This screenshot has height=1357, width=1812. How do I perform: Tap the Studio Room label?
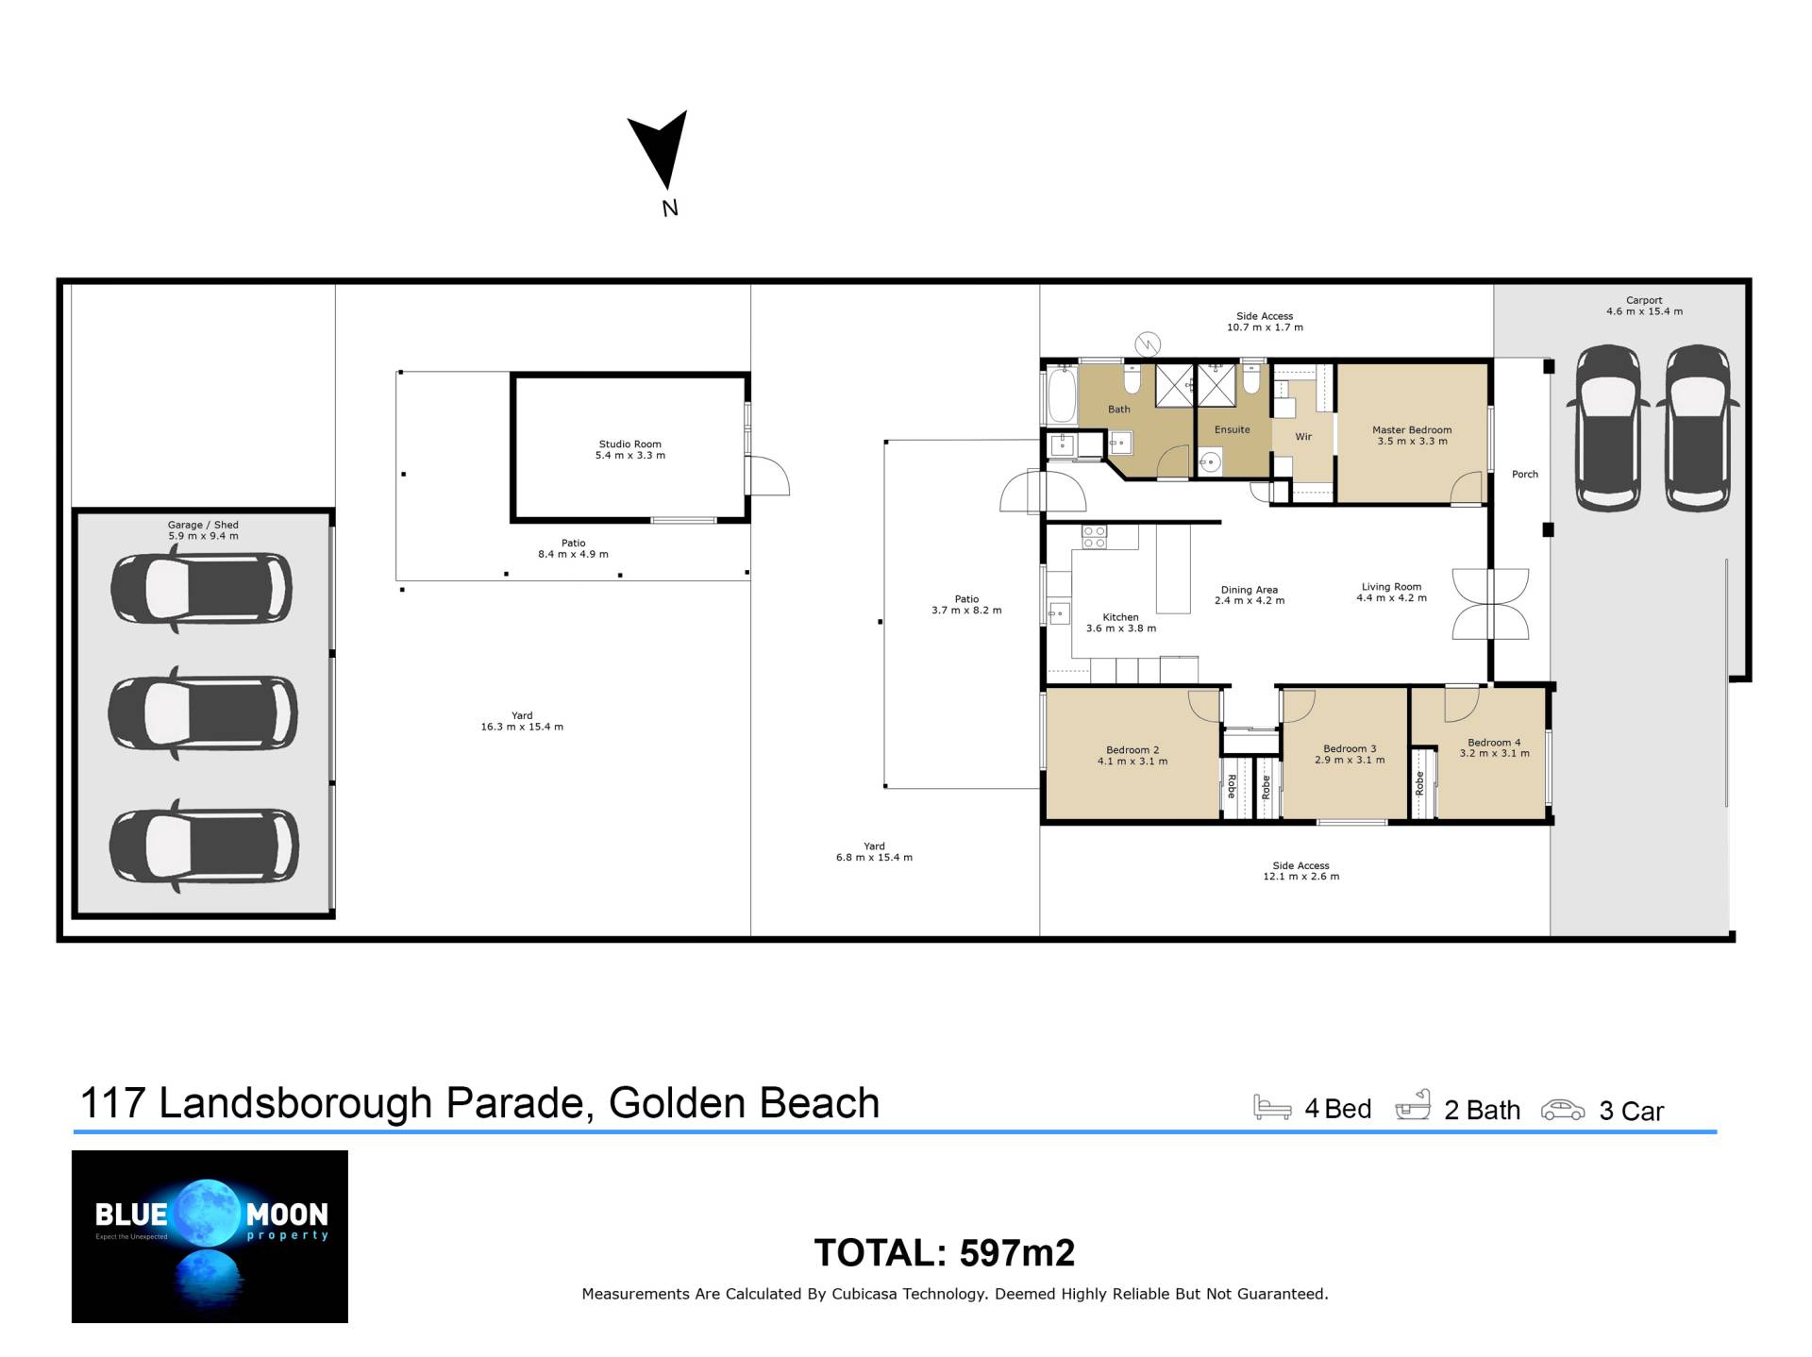point(629,444)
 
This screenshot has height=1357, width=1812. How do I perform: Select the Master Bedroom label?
point(1412,429)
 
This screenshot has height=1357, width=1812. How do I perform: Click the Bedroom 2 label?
point(1132,750)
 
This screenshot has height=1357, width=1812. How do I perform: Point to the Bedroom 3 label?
point(1350,748)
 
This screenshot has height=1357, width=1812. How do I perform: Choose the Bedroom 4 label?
point(1494,743)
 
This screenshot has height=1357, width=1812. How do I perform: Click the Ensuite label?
point(1232,429)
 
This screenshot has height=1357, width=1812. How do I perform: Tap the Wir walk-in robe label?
point(1303,437)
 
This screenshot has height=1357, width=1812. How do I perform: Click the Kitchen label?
point(1120,617)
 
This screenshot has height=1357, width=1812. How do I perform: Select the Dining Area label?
point(1249,590)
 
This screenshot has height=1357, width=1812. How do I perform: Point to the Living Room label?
point(1391,587)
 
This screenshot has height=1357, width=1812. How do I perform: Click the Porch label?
point(1525,475)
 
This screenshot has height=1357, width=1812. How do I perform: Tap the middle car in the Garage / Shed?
point(203,712)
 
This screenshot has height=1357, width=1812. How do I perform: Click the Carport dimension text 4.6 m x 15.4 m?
point(1644,311)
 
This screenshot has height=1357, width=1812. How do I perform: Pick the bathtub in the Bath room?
point(1061,396)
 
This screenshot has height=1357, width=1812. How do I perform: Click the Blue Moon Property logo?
point(210,1236)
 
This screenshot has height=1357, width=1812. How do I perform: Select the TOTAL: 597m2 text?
point(945,1253)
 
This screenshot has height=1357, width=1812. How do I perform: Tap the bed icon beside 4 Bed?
point(1272,1107)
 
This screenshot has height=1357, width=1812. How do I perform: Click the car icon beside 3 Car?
point(1563,1110)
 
